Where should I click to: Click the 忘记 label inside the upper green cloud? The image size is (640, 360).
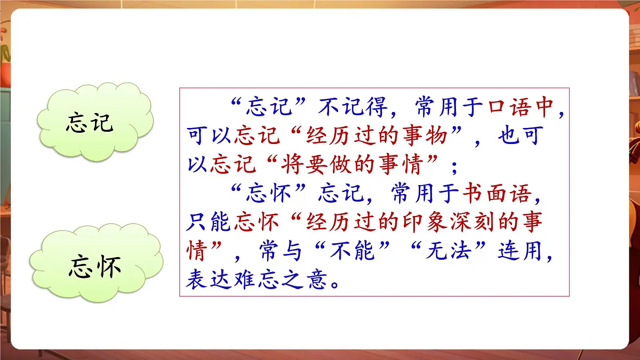point(90,123)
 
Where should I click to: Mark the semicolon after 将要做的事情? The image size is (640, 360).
point(454,166)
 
